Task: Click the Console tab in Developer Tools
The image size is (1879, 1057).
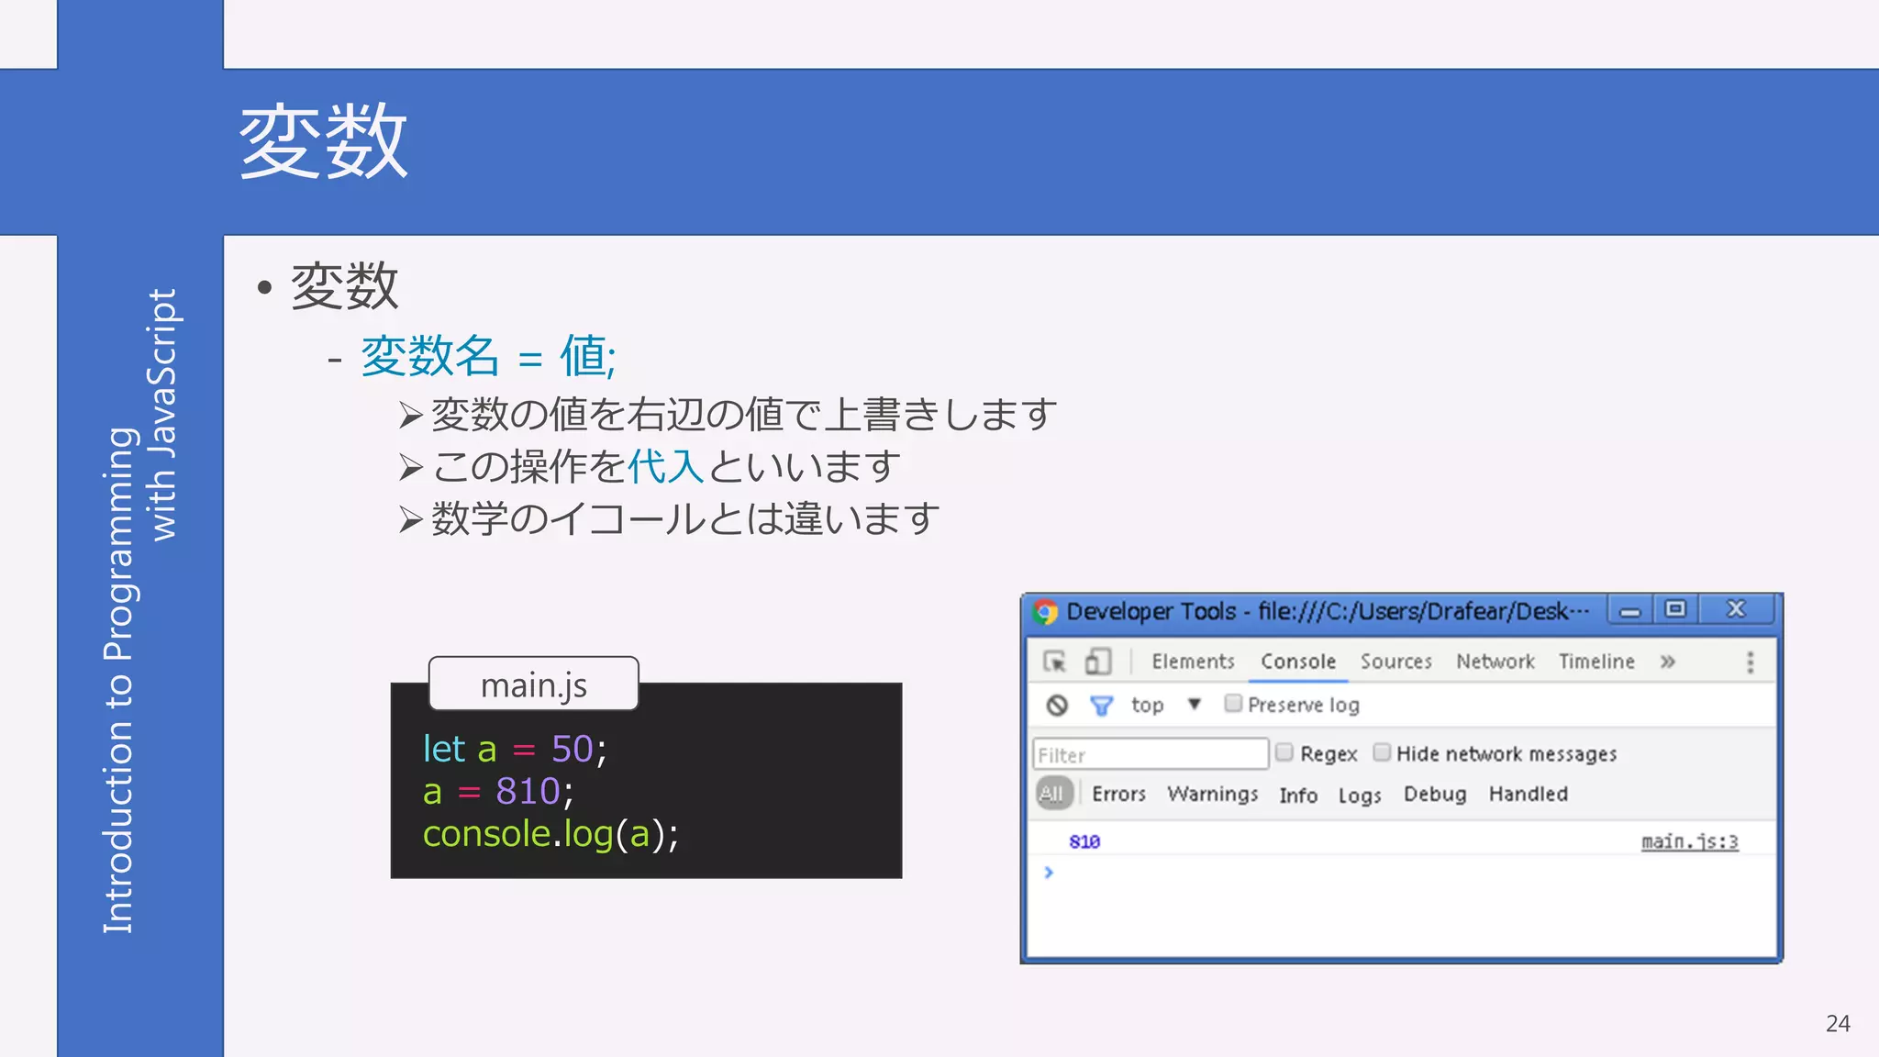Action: click(x=1297, y=662)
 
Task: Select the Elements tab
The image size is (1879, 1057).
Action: click(x=1193, y=662)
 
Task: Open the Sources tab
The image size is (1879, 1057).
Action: click(x=1395, y=662)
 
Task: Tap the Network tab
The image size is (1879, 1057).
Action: click(x=1495, y=662)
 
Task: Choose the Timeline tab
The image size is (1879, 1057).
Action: click(x=1596, y=662)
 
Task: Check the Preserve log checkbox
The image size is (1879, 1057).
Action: click(x=1233, y=704)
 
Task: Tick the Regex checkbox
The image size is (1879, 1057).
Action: click(x=1284, y=753)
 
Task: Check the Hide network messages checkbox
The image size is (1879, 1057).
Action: click(x=1382, y=753)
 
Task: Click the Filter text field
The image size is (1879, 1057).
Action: click(x=1151, y=754)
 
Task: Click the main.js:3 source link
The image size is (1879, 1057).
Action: click(x=1689, y=841)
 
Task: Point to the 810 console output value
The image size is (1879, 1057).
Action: click(x=1084, y=841)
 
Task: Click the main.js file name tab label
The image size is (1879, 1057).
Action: click(x=534, y=684)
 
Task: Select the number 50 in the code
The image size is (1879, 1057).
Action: click(x=572, y=749)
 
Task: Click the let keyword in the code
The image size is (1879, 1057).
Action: click(x=444, y=749)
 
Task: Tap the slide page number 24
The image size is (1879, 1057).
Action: click(x=1838, y=1023)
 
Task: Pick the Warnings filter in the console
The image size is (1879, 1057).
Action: click(x=1212, y=794)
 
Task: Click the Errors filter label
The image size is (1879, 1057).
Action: click(x=1118, y=794)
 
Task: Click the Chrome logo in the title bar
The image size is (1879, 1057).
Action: click(x=1045, y=611)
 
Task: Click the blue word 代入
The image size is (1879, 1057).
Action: click(x=665, y=466)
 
